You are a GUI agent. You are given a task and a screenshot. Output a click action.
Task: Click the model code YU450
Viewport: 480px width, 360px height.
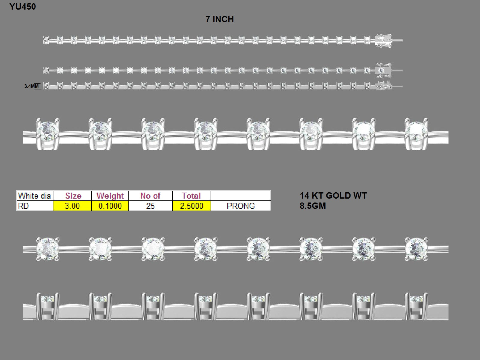click(22, 7)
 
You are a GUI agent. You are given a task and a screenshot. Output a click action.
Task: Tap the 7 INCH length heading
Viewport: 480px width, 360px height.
click(220, 19)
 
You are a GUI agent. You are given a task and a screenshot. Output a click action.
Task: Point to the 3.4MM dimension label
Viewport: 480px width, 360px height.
click(31, 86)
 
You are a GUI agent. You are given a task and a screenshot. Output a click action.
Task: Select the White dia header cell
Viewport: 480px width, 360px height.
click(34, 196)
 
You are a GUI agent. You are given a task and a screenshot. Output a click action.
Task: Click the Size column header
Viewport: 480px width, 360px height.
click(73, 196)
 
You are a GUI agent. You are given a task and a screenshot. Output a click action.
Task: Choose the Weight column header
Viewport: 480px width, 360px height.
click(110, 196)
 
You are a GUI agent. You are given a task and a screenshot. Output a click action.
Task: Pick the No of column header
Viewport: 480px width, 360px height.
click(151, 196)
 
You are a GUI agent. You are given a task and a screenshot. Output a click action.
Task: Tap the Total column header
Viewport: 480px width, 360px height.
click(191, 196)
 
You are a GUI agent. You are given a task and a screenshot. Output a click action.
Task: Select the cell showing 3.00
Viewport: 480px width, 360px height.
click(72, 206)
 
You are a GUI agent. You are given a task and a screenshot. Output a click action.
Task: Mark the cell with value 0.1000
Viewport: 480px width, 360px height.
click(110, 206)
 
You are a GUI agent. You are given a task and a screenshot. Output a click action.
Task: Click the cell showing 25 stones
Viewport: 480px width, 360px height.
click(151, 206)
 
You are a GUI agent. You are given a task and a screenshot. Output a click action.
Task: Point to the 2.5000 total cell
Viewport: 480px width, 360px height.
click(192, 206)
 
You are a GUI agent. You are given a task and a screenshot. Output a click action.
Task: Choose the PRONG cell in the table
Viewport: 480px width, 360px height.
click(241, 206)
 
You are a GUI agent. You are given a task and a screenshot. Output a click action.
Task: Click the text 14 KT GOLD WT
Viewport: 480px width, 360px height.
click(333, 196)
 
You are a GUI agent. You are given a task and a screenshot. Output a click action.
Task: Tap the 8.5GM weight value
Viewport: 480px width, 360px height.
click(313, 206)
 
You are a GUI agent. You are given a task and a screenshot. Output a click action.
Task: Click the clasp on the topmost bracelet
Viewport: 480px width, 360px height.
click(383, 41)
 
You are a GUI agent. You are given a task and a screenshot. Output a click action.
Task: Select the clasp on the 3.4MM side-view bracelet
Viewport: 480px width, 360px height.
click(384, 86)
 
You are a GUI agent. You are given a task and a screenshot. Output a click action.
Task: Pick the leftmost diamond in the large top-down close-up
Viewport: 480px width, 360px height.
click(48, 249)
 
